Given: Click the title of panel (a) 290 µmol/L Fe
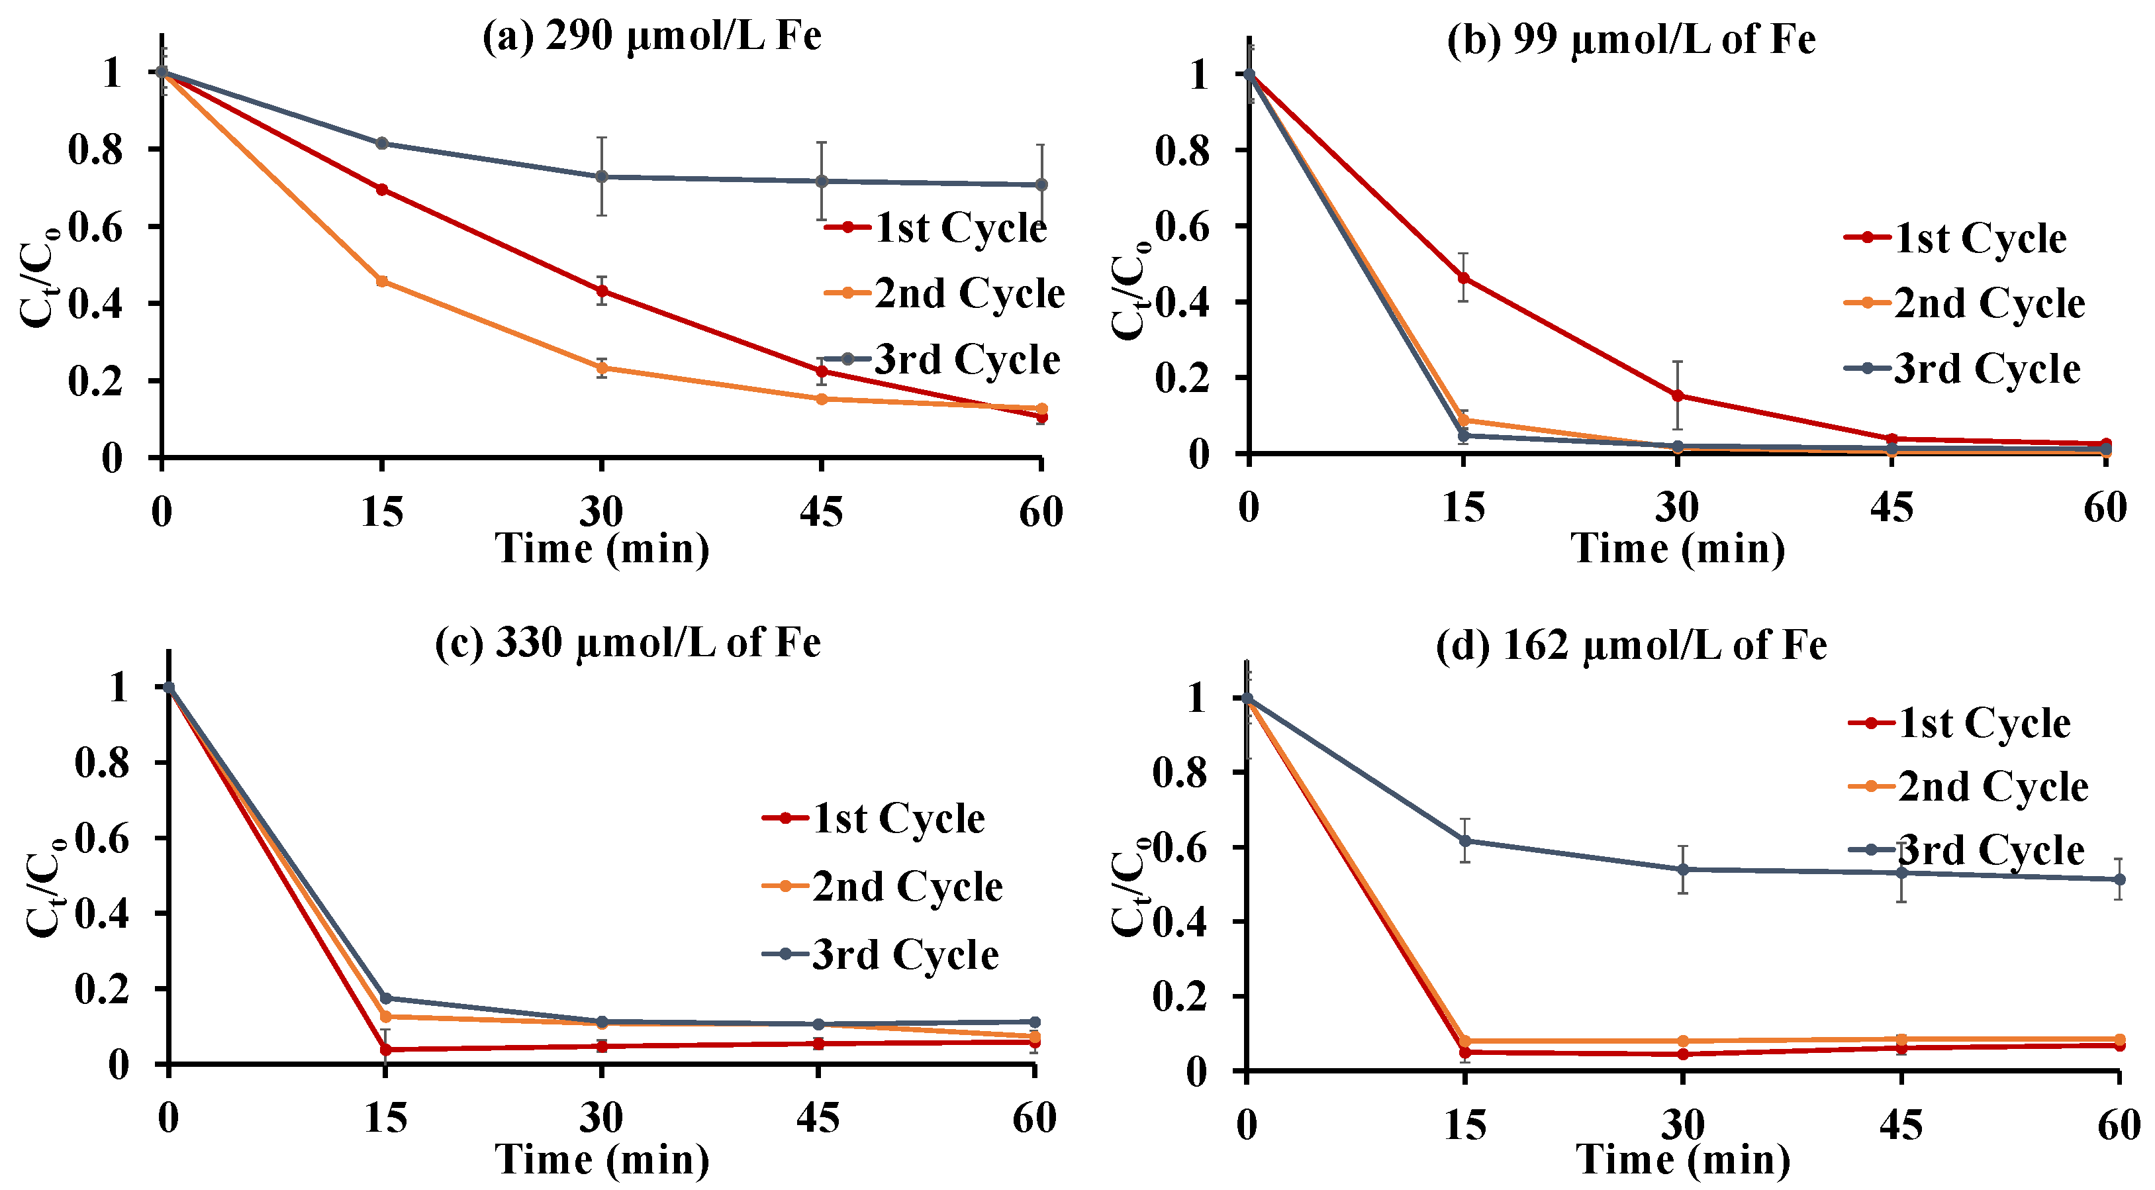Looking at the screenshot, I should click(651, 36).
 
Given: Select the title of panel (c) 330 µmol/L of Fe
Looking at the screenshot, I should click(628, 643).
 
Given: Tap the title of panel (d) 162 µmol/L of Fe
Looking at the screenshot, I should click(1631, 645).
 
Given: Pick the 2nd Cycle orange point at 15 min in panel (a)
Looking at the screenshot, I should click(381, 281).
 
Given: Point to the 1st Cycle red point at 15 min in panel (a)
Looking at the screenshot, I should click(381, 189).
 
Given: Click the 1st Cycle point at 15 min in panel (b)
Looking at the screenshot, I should click(1463, 278).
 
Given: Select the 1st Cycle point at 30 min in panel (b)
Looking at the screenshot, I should click(1677, 396).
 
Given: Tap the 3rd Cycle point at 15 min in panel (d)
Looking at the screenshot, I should click(1465, 841).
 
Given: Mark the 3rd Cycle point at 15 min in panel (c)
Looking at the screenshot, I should click(386, 999).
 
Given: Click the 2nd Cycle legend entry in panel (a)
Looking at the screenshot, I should click(943, 293).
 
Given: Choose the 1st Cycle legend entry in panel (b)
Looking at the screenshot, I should click(1955, 238).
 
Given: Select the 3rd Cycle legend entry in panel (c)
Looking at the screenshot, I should click(881, 955).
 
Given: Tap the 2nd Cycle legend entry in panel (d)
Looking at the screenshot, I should click(1968, 787).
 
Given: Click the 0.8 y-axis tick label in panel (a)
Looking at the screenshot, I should click(95, 150).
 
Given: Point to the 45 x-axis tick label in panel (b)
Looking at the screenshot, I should click(1892, 508).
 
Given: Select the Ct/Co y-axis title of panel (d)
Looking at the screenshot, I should click(1129, 891).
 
